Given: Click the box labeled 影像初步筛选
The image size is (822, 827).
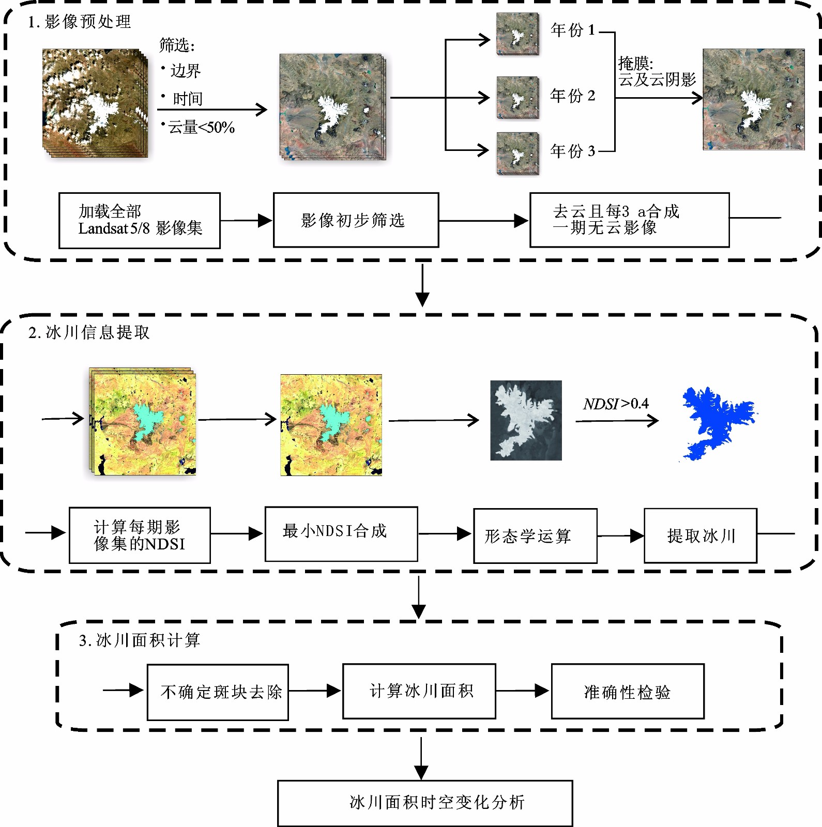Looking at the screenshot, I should coord(356,220).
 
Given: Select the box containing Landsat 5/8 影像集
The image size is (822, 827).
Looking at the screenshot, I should coord(139,221).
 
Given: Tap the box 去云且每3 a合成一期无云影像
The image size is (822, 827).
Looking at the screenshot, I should coord(629,220).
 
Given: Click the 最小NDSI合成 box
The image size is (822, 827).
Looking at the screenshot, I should coord(341,533).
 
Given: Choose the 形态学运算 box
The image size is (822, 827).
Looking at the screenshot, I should coord(535,536).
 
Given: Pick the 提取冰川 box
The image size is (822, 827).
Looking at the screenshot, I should coord(700,535).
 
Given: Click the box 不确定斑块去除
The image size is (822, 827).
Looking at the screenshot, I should coord(218,692).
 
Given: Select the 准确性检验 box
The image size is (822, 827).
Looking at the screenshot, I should coord(627,692).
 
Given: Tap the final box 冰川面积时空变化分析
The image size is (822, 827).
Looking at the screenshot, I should coord(424,803).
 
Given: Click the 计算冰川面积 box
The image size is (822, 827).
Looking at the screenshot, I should coord(419,691).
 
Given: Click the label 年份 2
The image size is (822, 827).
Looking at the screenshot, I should coord(572,96).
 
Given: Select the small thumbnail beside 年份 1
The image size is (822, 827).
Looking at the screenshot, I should coord(517,34).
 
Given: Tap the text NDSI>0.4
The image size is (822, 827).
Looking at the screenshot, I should coord(616,404).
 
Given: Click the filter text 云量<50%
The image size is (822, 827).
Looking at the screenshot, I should coord(201,127).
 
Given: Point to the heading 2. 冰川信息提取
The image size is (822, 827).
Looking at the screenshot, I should coord(89,332).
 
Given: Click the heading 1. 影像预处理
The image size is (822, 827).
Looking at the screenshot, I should coord(79,22).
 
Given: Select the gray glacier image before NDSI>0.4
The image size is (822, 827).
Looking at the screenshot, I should coord(526,420).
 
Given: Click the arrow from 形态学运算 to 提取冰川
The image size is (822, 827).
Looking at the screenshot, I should coord(620,536).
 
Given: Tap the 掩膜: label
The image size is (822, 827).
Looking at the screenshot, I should coord(635,64).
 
